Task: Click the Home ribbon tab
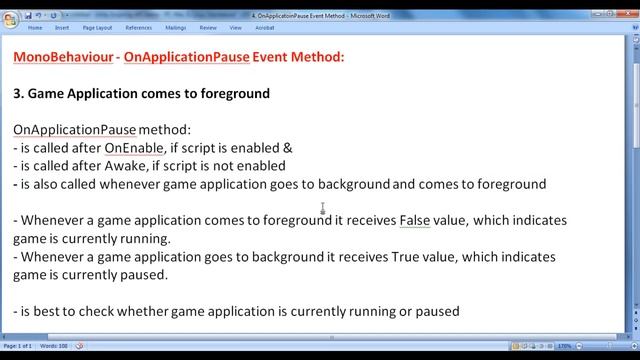click(x=35, y=28)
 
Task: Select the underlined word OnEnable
click(x=134, y=148)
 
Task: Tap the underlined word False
click(x=415, y=220)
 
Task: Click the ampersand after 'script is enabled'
click(x=287, y=148)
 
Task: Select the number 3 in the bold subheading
click(x=18, y=94)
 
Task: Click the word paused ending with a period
click(x=145, y=275)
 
